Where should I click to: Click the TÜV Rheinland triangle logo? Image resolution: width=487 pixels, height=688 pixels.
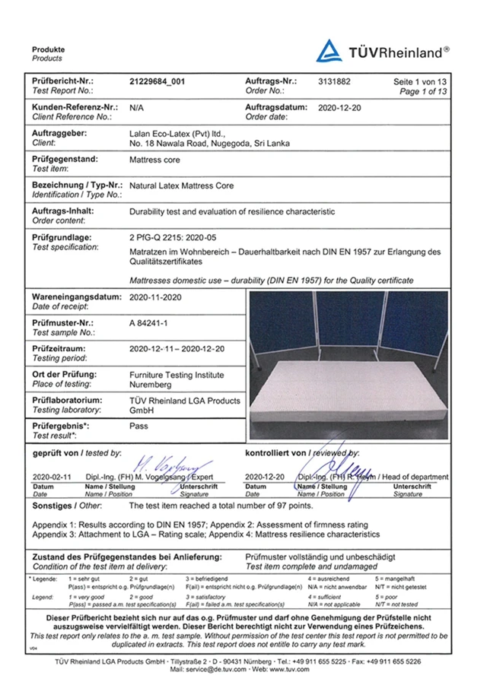click(329, 51)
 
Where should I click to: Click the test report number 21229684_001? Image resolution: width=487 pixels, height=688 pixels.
click(158, 81)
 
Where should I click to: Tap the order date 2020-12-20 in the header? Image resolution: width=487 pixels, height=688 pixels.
click(339, 108)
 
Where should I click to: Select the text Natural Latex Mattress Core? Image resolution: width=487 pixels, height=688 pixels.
click(182, 185)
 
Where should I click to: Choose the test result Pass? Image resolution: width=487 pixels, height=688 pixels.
click(138, 427)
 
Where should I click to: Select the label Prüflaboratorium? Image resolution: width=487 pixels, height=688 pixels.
click(67, 401)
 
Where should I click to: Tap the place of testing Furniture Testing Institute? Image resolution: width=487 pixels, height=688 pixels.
click(177, 375)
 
